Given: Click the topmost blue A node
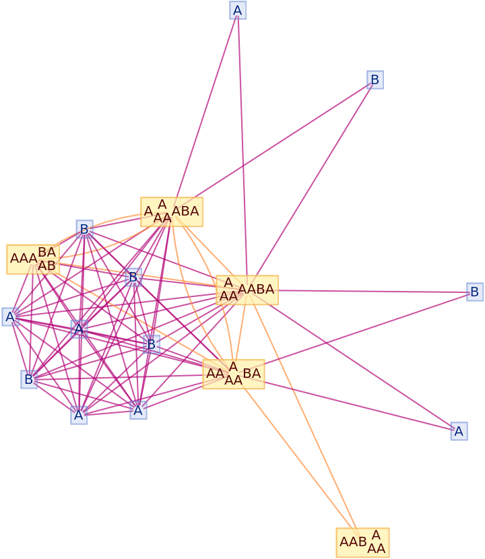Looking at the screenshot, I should (x=237, y=10).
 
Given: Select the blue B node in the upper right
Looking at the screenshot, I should (x=375, y=80).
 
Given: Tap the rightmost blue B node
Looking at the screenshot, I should (x=475, y=292).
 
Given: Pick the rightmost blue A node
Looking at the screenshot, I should (x=459, y=432).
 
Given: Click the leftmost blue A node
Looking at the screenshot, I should (x=10, y=317).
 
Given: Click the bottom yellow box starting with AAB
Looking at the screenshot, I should (x=362, y=542).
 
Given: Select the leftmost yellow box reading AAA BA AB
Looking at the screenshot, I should (x=33, y=259).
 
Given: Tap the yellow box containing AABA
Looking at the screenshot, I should (x=247, y=290).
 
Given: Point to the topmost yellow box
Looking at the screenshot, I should (x=171, y=212).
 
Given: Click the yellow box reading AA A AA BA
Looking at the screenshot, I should (x=233, y=374).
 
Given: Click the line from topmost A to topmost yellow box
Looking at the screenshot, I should (x=205, y=108).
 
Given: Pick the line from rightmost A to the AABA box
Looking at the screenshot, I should (x=364, y=360).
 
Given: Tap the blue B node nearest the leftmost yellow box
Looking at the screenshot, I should (x=84, y=230).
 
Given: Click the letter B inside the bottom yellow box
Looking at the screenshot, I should (x=362, y=542).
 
